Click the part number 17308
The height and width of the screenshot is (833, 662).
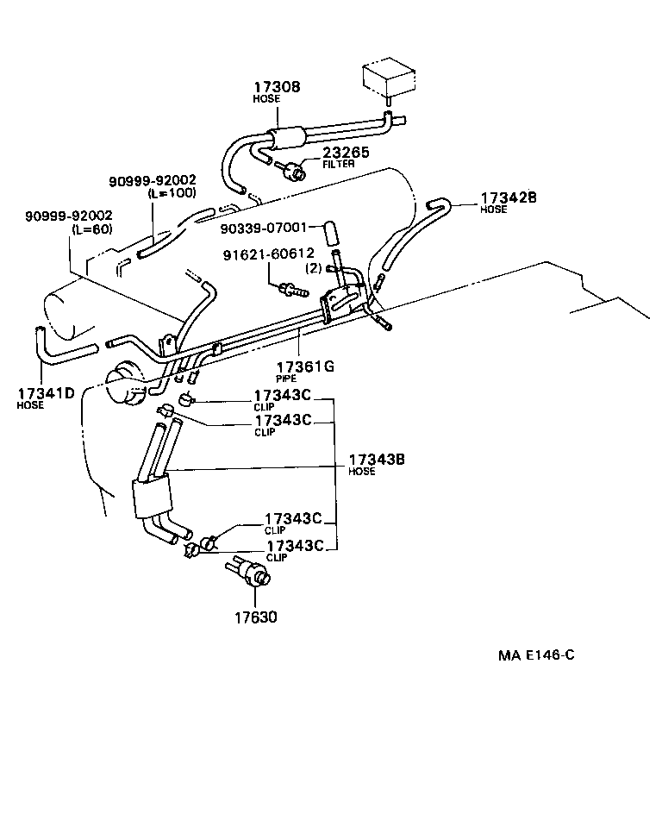(x=277, y=87)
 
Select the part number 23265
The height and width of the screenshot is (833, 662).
(x=346, y=152)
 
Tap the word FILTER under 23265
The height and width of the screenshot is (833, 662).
(x=337, y=164)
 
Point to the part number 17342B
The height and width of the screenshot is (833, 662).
(x=509, y=197)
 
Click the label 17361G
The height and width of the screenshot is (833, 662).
(x=304, y=366)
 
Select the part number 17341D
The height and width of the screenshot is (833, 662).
(x=46, y=394)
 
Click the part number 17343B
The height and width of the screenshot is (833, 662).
(x=377, y=460)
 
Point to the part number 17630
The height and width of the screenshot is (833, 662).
(x=254, y=617)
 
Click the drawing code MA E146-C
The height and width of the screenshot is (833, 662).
(x=535, y=654)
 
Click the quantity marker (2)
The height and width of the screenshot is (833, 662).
(x=314, y=268)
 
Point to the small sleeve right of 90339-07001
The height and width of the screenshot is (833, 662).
(x=328, y=232)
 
